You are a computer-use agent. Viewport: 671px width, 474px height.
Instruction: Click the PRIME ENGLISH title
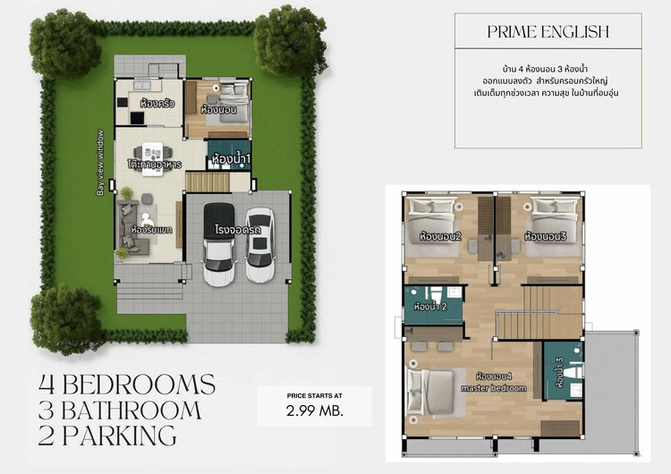point(548,32)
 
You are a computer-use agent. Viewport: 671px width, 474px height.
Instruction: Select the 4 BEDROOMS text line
point(127,385)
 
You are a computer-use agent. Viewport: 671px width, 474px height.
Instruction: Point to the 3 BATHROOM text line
point(120,411)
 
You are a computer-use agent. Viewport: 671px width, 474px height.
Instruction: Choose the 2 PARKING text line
point(107,436)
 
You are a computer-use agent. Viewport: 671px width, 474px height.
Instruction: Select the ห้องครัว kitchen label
point(157,104)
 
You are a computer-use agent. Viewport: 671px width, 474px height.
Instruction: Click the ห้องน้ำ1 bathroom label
point(231,160)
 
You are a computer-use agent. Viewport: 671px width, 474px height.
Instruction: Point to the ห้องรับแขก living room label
point(150,230)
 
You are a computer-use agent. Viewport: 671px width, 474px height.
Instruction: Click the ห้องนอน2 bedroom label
point(439,237)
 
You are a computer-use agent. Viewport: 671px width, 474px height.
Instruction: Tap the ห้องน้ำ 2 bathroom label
point(430,308)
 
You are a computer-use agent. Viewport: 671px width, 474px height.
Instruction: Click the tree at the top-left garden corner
point(64,42)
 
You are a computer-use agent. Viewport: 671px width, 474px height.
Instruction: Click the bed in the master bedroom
point(430,392)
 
